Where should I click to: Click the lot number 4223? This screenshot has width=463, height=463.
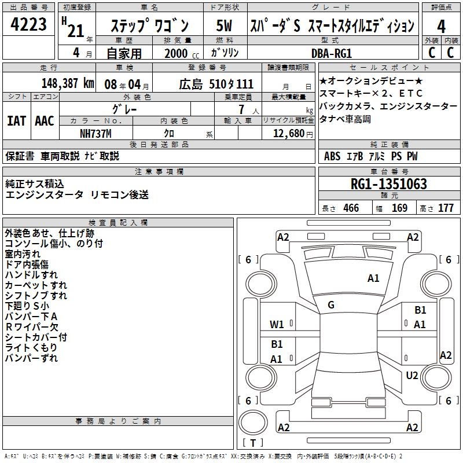pyautogui.click(x=28, y=24)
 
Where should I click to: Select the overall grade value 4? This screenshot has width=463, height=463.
pyautogui.click(x=441, y=26)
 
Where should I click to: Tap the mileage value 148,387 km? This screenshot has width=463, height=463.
pyautogui.click(x=68, y=83)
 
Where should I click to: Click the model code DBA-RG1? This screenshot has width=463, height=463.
pyautogui.click(x=332, y=53)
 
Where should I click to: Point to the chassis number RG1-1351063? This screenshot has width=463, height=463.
pyautogui.click(x=388, y=184)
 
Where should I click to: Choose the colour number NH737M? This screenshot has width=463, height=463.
pyautogui.click(x=95, y=134)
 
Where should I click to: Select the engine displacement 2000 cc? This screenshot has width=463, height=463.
pyautogui.click(x=181, y=54)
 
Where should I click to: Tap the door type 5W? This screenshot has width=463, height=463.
pyautogui.click(x=224, y=25)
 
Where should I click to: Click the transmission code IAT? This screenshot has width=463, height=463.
pyautogui.click(x=16, y=121)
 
